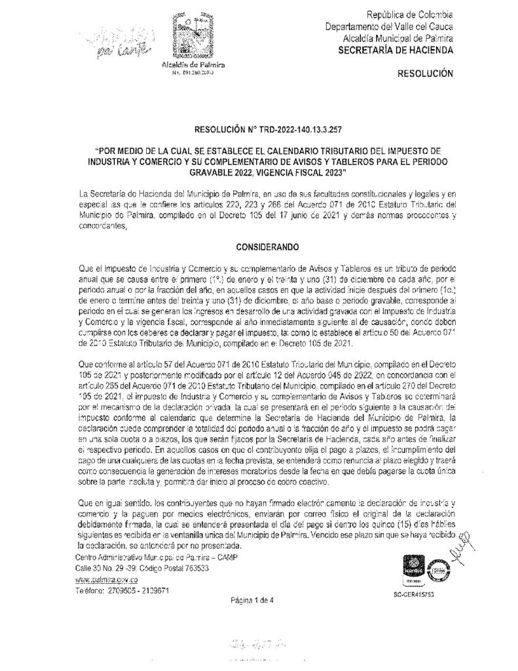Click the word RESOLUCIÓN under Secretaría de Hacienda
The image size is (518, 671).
pyautogui.click(x=425, y=76)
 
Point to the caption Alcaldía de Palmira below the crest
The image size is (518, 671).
pyautogui.click(x=193, y=67)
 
